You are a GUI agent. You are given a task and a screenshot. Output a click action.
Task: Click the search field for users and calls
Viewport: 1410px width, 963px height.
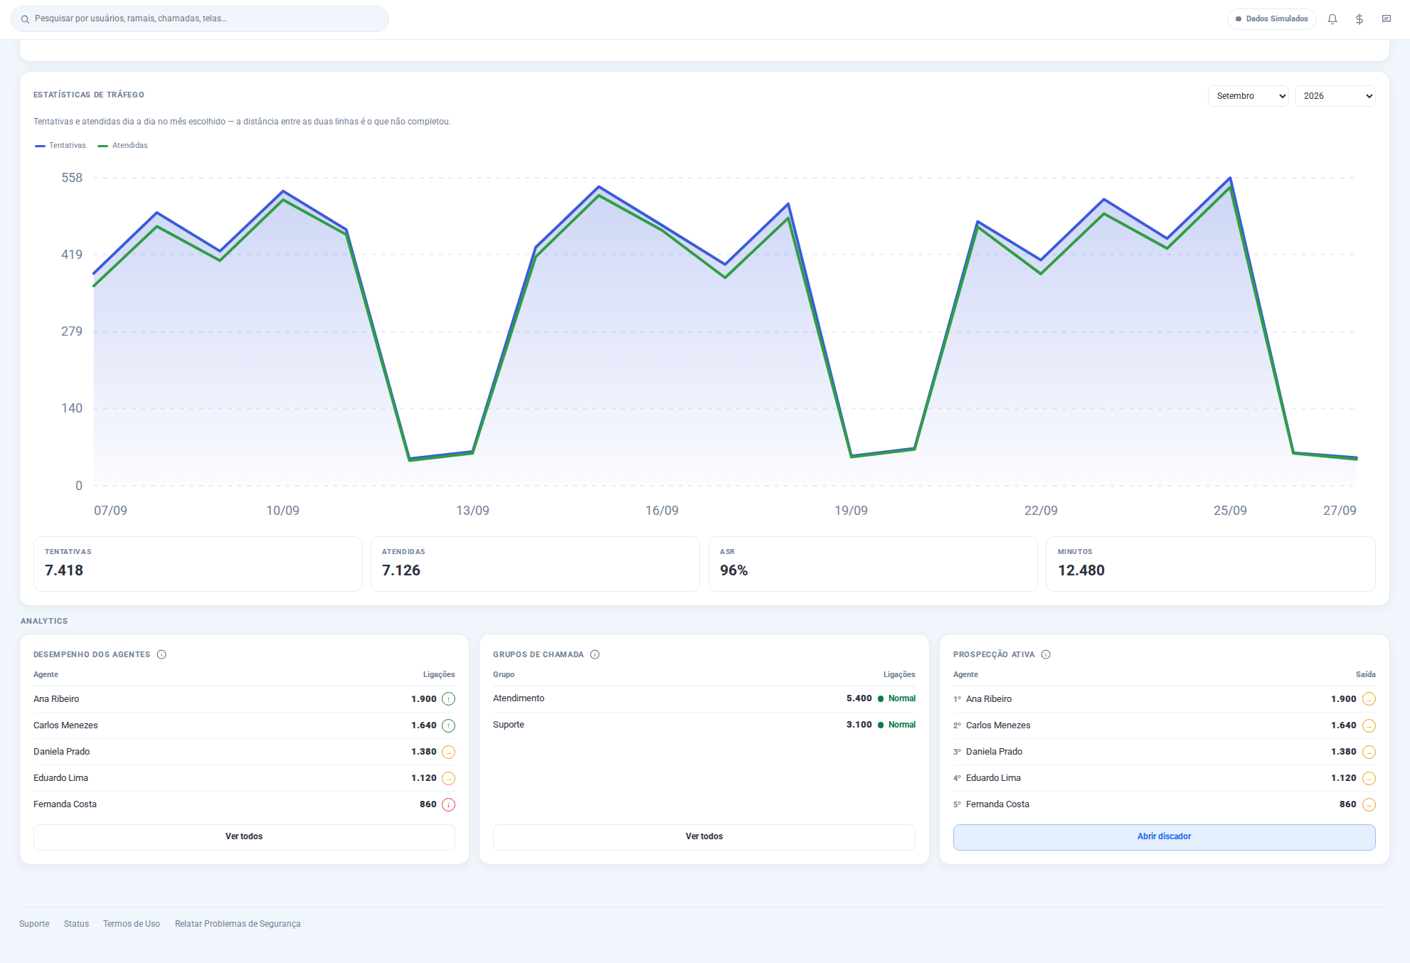click(200, 19)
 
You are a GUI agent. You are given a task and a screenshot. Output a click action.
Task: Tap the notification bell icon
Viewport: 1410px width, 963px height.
click(1332, 19)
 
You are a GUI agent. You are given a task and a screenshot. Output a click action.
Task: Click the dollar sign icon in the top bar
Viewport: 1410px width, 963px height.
click(1359, 19)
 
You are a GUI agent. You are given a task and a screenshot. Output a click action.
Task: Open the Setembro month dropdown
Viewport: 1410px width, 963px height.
click(1249, 96)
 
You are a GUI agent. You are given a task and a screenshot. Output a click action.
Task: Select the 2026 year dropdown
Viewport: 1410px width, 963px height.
click(1335, 96)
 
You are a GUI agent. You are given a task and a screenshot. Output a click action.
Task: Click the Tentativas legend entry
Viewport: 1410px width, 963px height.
click(60, 146)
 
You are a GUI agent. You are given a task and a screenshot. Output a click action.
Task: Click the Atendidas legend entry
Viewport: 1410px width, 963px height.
click(123, 146)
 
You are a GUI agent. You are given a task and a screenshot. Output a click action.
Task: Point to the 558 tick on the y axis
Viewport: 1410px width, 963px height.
click(72, 178)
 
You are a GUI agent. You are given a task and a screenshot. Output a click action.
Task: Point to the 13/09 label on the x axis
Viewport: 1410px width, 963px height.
click(472, 511)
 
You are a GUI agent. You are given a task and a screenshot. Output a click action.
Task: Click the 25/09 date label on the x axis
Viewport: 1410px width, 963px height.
click(1230, 511)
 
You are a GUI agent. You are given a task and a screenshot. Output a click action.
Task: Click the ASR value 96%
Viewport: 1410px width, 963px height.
click(733, 570)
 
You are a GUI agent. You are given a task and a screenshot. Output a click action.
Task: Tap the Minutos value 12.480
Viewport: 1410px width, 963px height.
click(1081, 570)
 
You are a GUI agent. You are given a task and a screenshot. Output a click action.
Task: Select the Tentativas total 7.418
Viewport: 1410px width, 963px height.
click(64, 570)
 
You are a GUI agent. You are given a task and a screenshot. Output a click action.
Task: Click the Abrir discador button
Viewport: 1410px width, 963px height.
click(1164, 837)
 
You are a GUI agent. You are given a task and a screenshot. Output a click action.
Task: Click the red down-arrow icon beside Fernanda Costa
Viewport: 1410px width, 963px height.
click(448, 805)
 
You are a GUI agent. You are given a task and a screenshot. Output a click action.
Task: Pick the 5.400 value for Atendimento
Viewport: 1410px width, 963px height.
click(859, 698)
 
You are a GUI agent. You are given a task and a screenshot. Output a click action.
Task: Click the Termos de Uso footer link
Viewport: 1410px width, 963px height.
click(132, 924)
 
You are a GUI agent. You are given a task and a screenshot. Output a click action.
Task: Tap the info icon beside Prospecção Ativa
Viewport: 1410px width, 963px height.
click(1046, 654)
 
